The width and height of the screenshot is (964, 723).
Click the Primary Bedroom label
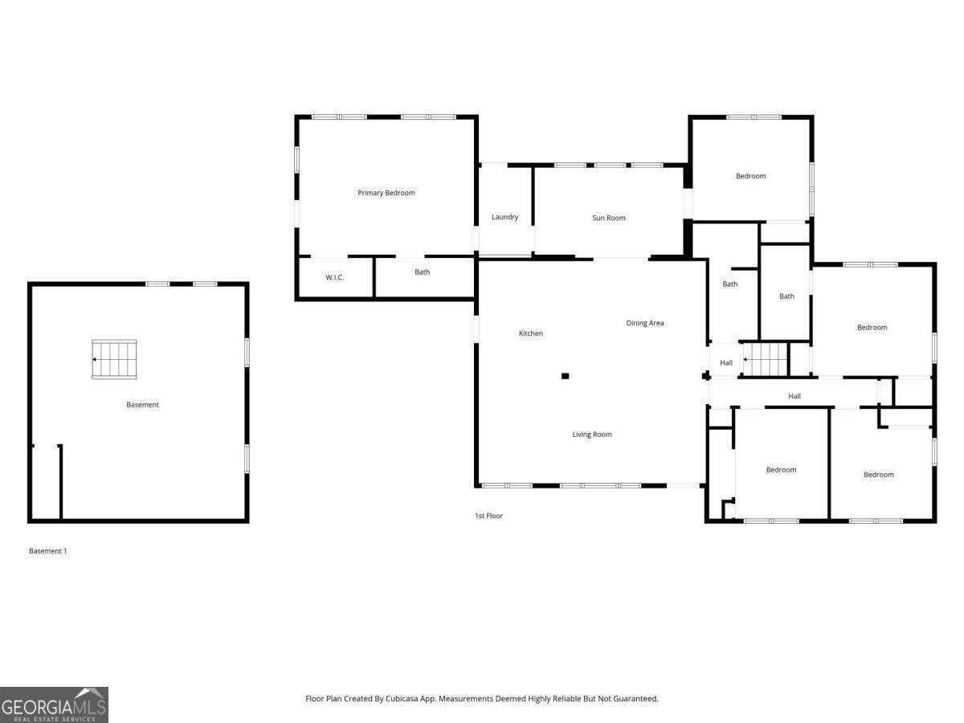386,193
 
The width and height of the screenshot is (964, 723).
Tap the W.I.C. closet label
335,278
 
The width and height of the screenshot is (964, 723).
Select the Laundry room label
505,217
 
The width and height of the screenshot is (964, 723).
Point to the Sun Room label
609,218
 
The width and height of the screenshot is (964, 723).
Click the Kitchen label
531,333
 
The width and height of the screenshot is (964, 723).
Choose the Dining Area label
645,323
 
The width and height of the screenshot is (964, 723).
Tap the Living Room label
592,435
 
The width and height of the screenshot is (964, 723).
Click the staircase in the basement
114,359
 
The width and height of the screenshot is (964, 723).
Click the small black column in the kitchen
566,376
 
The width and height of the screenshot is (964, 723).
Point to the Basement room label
143,405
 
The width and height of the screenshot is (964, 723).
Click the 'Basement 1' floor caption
48,551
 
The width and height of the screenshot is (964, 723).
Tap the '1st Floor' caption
488,516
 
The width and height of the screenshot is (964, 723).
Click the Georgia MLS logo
54,705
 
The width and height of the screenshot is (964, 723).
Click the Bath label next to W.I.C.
423,272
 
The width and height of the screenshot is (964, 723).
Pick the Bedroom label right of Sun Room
751,176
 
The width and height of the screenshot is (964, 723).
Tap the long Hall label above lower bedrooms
794,396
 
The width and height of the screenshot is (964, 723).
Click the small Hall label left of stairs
726,363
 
